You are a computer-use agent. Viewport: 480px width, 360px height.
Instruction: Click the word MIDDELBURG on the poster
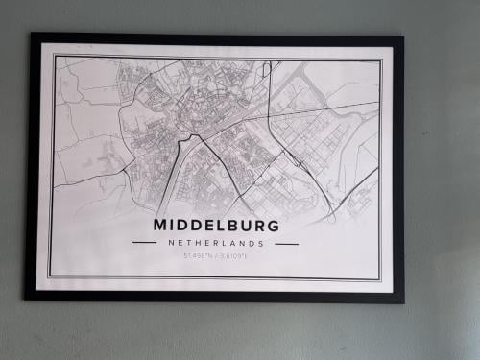(x=216, y=226)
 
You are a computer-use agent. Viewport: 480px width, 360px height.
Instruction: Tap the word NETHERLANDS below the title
(x=216, y=244)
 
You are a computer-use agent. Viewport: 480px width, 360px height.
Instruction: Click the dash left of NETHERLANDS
(x=144, y=244)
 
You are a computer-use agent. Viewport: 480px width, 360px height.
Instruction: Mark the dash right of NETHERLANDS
(x=287, y=244)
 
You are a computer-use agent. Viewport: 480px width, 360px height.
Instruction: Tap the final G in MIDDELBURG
(x=274, y=226)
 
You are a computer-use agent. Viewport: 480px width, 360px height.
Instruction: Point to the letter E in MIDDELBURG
(x=204, y=226)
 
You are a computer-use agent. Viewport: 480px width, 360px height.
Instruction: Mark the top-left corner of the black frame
(x=32, y=35)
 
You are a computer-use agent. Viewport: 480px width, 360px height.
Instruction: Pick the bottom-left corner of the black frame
(x=27, y=300)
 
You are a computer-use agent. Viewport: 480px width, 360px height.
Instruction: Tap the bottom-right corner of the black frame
(x=403, y=302)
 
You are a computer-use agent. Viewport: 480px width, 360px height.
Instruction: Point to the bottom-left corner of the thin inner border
(x=50, y=276)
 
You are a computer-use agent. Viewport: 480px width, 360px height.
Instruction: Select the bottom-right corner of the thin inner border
(x=381, y=279)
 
